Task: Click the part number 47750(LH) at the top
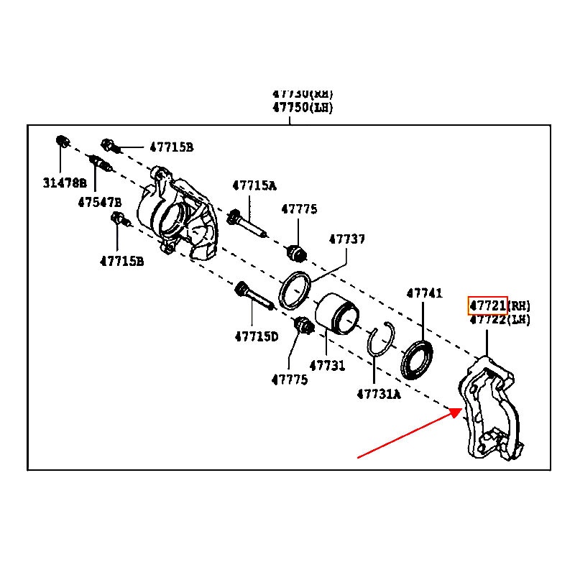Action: [303, 108]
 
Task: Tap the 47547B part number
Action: [100, 202]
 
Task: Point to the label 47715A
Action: [254, 185]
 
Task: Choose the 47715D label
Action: [256, 336]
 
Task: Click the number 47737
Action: [347, 239]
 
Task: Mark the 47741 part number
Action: [424, 293]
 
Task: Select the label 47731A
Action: [378, 393]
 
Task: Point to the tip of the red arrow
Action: [461, 410]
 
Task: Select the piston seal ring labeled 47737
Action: [295, 290]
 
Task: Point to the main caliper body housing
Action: [176, 216]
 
